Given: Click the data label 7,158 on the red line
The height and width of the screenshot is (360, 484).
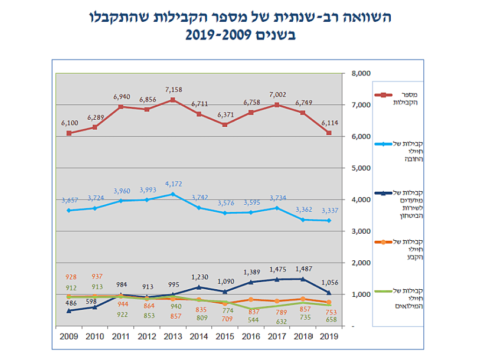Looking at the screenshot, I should [x=173, y=90].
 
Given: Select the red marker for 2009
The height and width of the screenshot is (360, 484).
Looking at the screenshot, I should [x=69, y=133].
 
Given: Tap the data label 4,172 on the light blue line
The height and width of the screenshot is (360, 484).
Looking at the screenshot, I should [x=172, y=184].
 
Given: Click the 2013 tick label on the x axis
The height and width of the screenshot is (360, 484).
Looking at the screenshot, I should [x=173, y=337].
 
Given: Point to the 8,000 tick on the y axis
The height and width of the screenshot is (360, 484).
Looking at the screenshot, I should [x=360, y=73].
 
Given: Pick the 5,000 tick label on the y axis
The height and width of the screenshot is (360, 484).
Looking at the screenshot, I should [x=360, y=168].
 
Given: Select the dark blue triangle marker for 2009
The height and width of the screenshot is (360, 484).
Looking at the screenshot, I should [x=69, y=310].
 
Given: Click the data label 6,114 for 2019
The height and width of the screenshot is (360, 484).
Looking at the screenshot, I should [x=329, y=122].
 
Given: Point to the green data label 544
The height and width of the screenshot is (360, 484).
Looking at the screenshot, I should [x=251, y=320].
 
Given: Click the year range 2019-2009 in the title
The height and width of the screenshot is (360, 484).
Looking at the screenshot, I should [x=240, y=35].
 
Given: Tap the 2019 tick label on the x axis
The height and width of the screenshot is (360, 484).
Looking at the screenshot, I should [x=329, y=337].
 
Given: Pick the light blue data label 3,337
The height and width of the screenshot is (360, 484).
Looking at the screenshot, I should [x=329, y=210].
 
